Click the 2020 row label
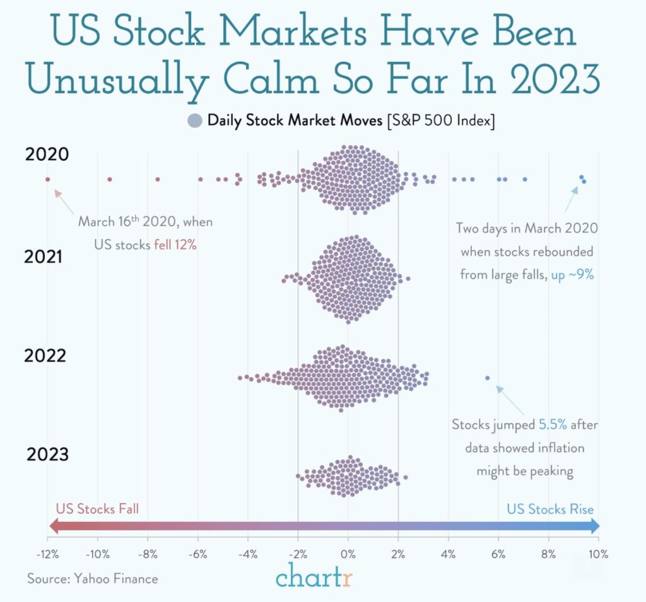click(47, 154)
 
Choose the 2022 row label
click(45, 356)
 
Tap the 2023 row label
click(47, 454)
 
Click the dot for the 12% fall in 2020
click(47, 179)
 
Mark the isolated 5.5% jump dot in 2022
click(487, 378)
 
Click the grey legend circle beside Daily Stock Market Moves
click(195, 120)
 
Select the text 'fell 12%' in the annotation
click(175, 245)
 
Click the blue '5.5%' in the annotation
click(552, 425)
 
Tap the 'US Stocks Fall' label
click(97, 509)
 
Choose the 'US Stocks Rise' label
click(550, 509)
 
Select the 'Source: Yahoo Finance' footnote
click(93, 578)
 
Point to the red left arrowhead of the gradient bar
click(53, 526)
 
